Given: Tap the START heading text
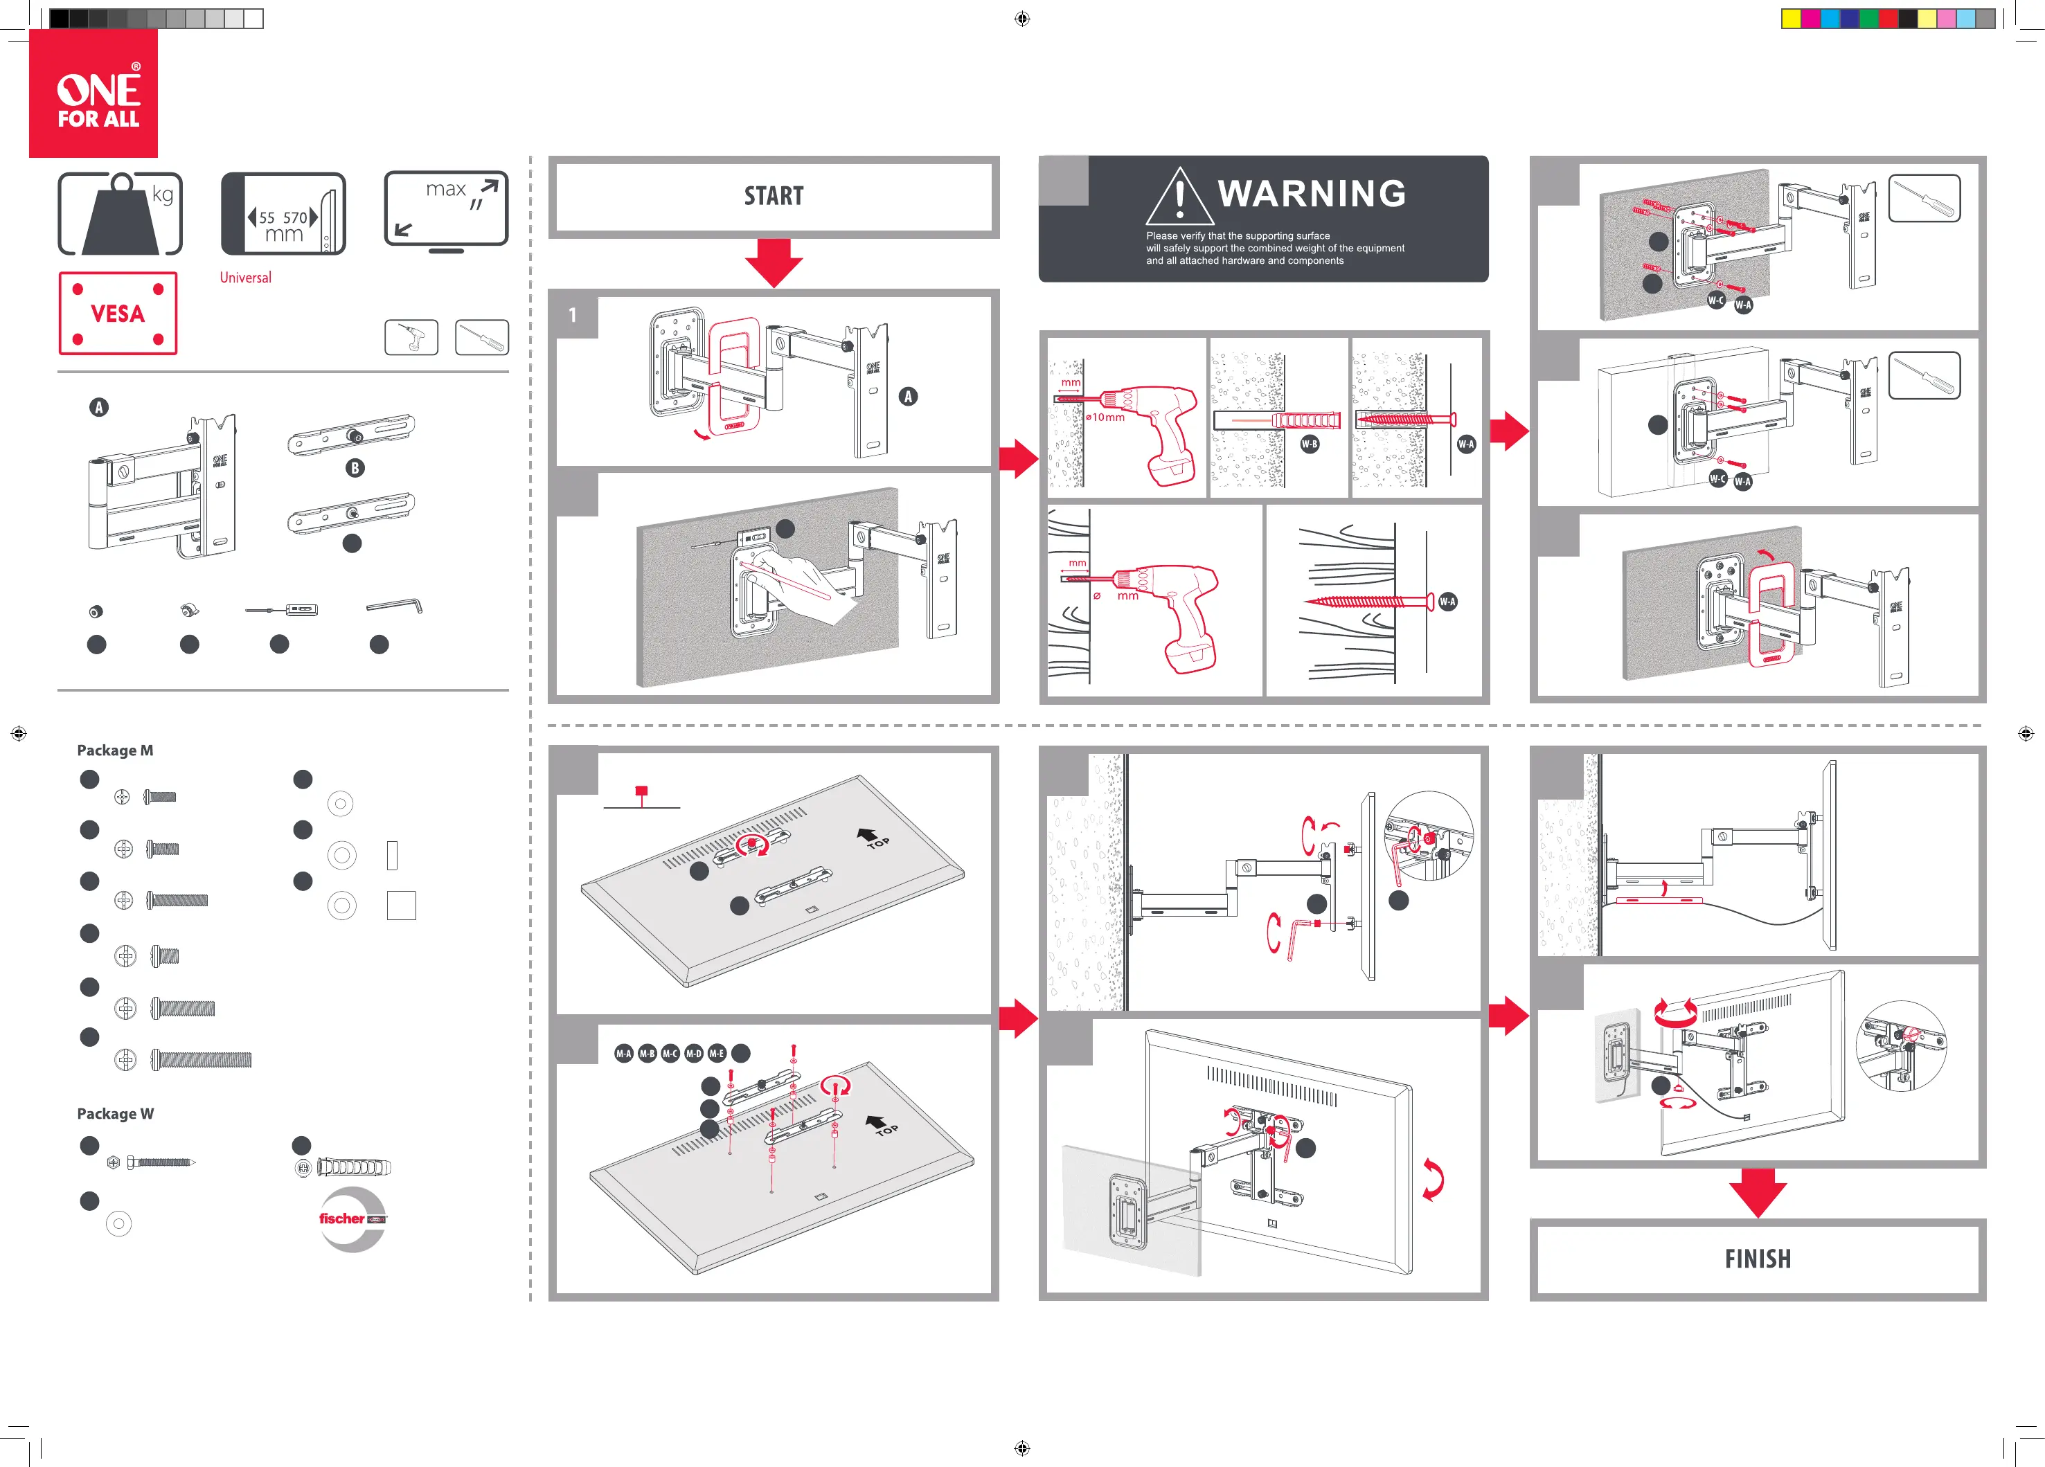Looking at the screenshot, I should click(774, 196).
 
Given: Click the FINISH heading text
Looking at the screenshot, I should click(1758, 1259).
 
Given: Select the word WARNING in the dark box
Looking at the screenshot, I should click(1312, 194).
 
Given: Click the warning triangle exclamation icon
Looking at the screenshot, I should click(1179, 197).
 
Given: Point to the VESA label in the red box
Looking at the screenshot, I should click(117, 314).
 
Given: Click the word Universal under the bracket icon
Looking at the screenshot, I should click(245, 278).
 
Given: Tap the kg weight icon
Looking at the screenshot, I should click(120, 215).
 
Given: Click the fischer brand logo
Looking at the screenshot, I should click(352, 1219).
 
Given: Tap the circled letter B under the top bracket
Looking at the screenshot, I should click(355, 468).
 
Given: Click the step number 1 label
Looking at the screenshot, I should click(573, 316).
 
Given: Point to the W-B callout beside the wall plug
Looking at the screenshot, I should click(1310, 444).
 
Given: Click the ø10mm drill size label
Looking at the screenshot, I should click(1105, 417).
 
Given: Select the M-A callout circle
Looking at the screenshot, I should click(624, 1053).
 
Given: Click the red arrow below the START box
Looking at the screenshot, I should click(774, 262).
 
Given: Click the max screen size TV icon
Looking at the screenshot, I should click(447, 212).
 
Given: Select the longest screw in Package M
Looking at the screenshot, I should click(201, 1059).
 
